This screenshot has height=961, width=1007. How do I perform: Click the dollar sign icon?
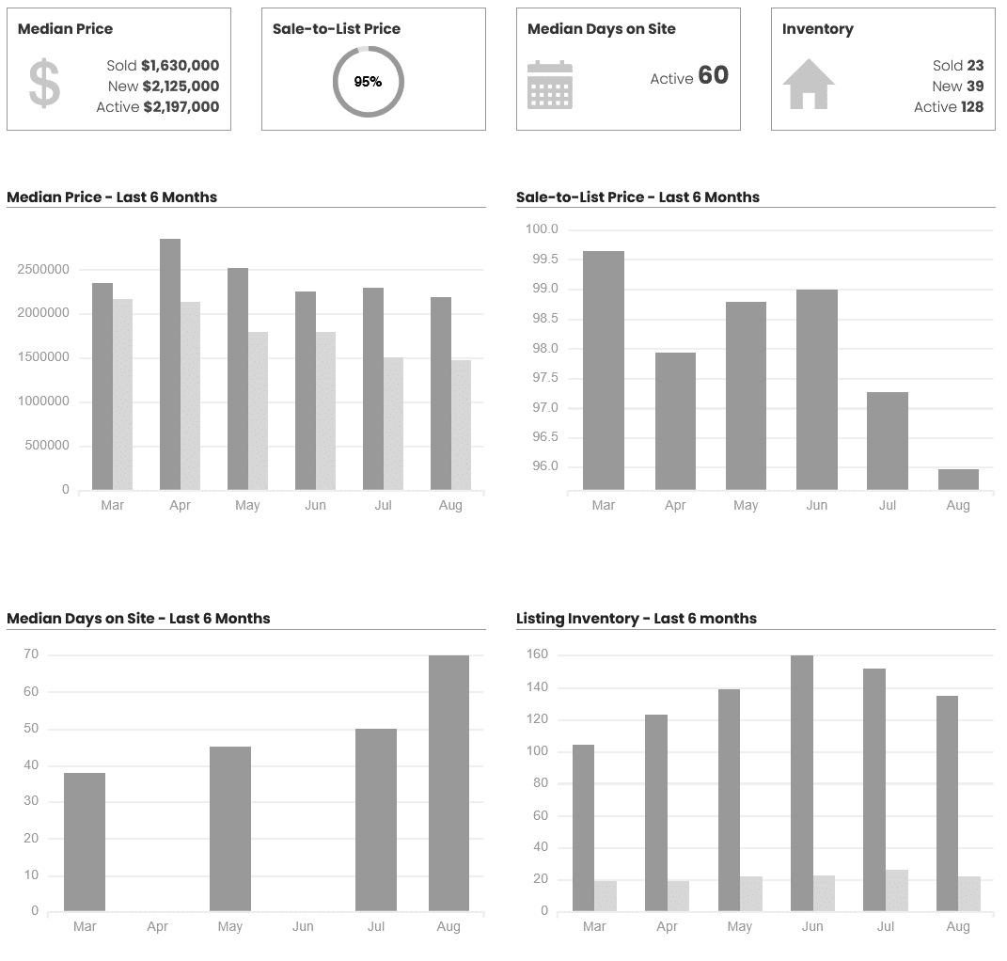point(44,84)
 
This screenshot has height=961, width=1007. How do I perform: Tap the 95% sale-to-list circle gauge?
point(368,82)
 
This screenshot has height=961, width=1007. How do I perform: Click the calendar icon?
point(550,85)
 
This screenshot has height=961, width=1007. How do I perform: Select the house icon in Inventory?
point(809,84)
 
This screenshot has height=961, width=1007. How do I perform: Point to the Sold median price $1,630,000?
point(180,66)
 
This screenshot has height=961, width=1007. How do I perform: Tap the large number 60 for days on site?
point(714,76)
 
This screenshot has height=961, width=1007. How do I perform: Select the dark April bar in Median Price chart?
point(170,364)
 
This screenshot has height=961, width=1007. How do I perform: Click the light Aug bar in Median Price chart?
point(461,424)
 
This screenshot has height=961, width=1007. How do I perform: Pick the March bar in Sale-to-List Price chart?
point(604,370)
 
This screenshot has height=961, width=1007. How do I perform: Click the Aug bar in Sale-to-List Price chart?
point(958,480)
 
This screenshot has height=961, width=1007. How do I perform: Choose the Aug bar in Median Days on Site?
point(448,783)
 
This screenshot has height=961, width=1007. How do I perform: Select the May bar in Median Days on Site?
point(230,828)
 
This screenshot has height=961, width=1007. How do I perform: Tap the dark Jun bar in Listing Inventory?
point(802,783)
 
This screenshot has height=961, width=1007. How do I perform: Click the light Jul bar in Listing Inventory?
point(897,890)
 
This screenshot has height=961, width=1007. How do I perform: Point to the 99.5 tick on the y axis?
point(542,260)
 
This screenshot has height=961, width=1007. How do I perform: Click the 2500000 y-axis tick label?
point(43,270)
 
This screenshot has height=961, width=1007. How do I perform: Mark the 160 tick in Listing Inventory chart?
point(537,654)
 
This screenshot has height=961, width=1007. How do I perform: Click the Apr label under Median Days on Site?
point(157,927)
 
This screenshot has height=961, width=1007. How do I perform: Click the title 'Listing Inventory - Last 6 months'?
point(637,619)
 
